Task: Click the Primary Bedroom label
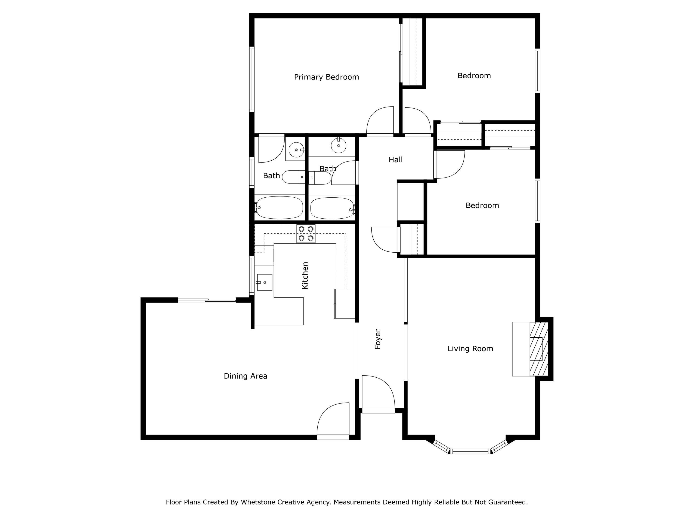[326, 77]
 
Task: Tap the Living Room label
[470, 349]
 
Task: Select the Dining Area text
[245, 376]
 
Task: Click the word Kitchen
[305, 275]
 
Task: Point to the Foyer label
[378, 339]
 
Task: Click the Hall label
[395, 159]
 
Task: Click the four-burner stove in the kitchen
[306, 234]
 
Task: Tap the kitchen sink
[264, 282]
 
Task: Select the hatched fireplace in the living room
[539, 349]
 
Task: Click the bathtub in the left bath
[279, 208]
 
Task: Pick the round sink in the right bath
[338, 145]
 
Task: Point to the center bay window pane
[470, 451]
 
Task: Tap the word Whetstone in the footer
[255, 502]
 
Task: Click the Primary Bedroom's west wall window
[252, 79]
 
